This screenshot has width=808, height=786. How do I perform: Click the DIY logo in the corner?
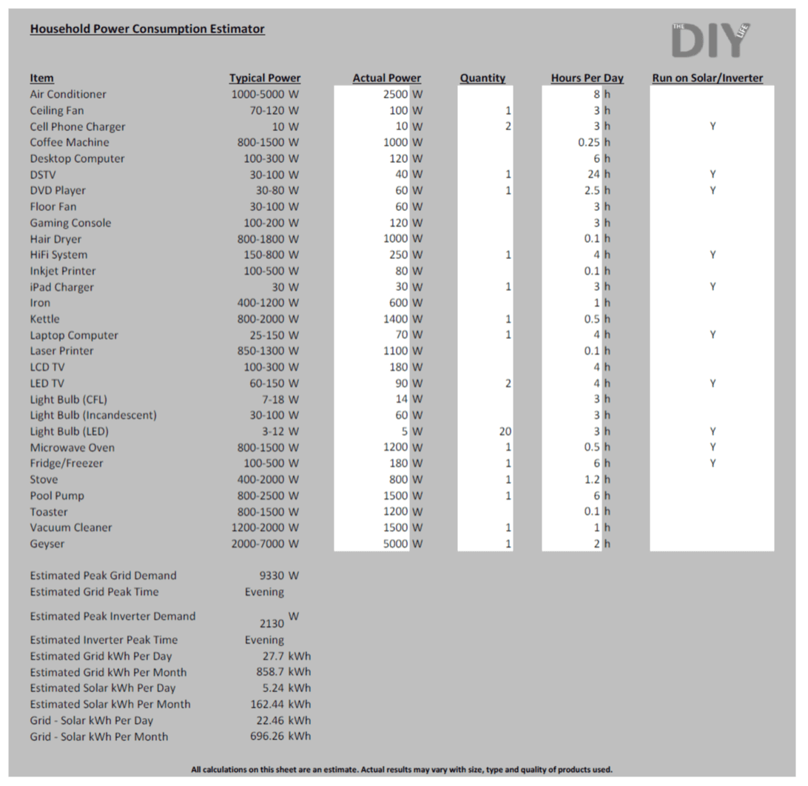[710, 39]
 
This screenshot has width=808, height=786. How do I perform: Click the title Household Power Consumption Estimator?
[147, 29]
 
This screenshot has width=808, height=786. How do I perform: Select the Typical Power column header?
[265, 78]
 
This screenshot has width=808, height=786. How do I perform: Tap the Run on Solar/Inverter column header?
[707, 78]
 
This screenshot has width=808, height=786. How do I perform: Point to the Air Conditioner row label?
[68, 94]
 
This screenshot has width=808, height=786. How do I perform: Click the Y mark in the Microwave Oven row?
[712, 447]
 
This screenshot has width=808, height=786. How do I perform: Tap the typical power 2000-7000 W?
[265, 544]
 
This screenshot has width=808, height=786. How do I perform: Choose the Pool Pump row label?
[57, 496]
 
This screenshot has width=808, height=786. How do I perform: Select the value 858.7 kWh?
[283, 672]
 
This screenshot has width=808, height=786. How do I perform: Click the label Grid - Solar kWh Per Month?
[99, 736]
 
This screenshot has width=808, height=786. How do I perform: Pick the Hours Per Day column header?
[587, 78]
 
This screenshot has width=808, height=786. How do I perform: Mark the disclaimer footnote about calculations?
[402, 770]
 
